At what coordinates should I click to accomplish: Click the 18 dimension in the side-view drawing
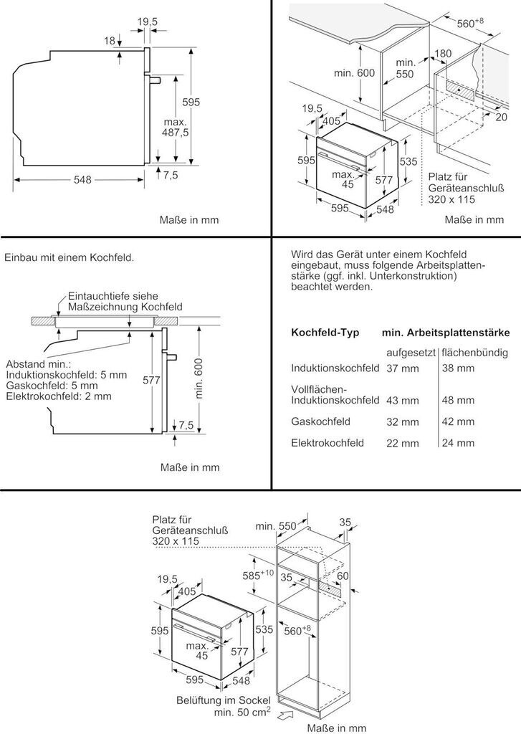click(109, 41)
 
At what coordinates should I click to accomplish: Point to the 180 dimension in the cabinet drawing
click(444, 54)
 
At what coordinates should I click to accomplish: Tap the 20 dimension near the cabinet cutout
click(501, 116)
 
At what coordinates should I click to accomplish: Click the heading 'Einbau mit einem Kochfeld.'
click(69, 257)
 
